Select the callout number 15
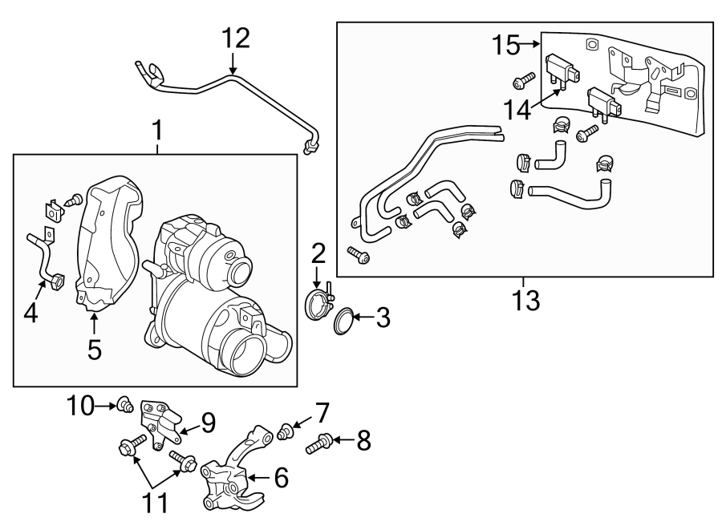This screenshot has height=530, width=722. tap(507, 45)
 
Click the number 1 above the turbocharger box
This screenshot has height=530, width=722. tap(157, 128)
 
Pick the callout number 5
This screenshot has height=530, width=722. tap(94, 349)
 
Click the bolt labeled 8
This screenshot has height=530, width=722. tap(318, 440)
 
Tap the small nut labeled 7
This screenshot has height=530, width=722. tap(283, 433)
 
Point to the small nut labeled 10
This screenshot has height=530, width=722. tap(124, 405)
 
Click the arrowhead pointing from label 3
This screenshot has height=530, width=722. tap(358, 319)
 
